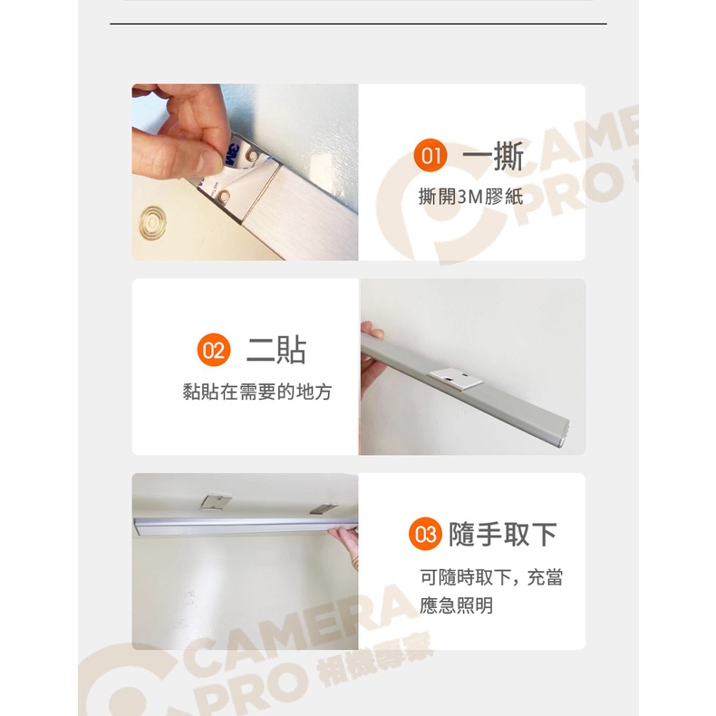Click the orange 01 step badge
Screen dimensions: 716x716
point(431,155)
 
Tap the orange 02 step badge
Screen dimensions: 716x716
point(214,350)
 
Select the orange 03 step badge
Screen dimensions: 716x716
point(425,534)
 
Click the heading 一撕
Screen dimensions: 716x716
point(493,156)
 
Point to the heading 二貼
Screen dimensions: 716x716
point(276,350)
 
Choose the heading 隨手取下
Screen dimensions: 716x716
point(503,534)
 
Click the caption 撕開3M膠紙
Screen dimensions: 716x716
point(470,197)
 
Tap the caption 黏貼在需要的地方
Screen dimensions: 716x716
point(257,392)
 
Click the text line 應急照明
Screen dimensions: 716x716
point(456,605)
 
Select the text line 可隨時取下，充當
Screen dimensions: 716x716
point(491,577)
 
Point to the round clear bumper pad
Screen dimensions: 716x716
point(153,223)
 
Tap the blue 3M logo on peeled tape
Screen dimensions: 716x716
point(232,155)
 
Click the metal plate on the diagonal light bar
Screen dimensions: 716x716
point(455,379)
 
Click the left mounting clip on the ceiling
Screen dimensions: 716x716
point(216,500)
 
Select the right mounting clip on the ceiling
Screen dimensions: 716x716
point(323,508)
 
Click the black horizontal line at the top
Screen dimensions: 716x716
point(358,24)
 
